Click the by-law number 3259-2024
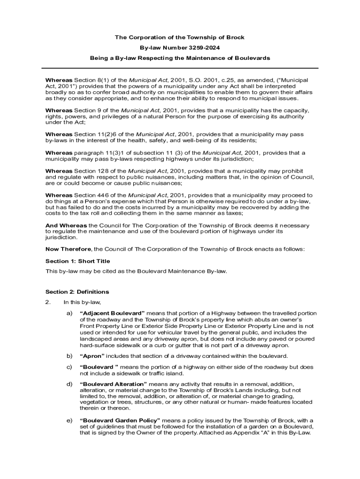(203, 47)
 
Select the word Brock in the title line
(236, 37)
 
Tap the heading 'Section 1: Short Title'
(78, 261)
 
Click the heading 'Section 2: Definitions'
(77, 292)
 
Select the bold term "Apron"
(91, 356)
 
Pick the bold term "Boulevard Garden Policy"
(120, 420)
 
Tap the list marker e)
(69, 420)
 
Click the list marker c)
(69, 367)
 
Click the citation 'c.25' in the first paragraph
(229, 80)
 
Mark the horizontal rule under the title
(180, 68)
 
